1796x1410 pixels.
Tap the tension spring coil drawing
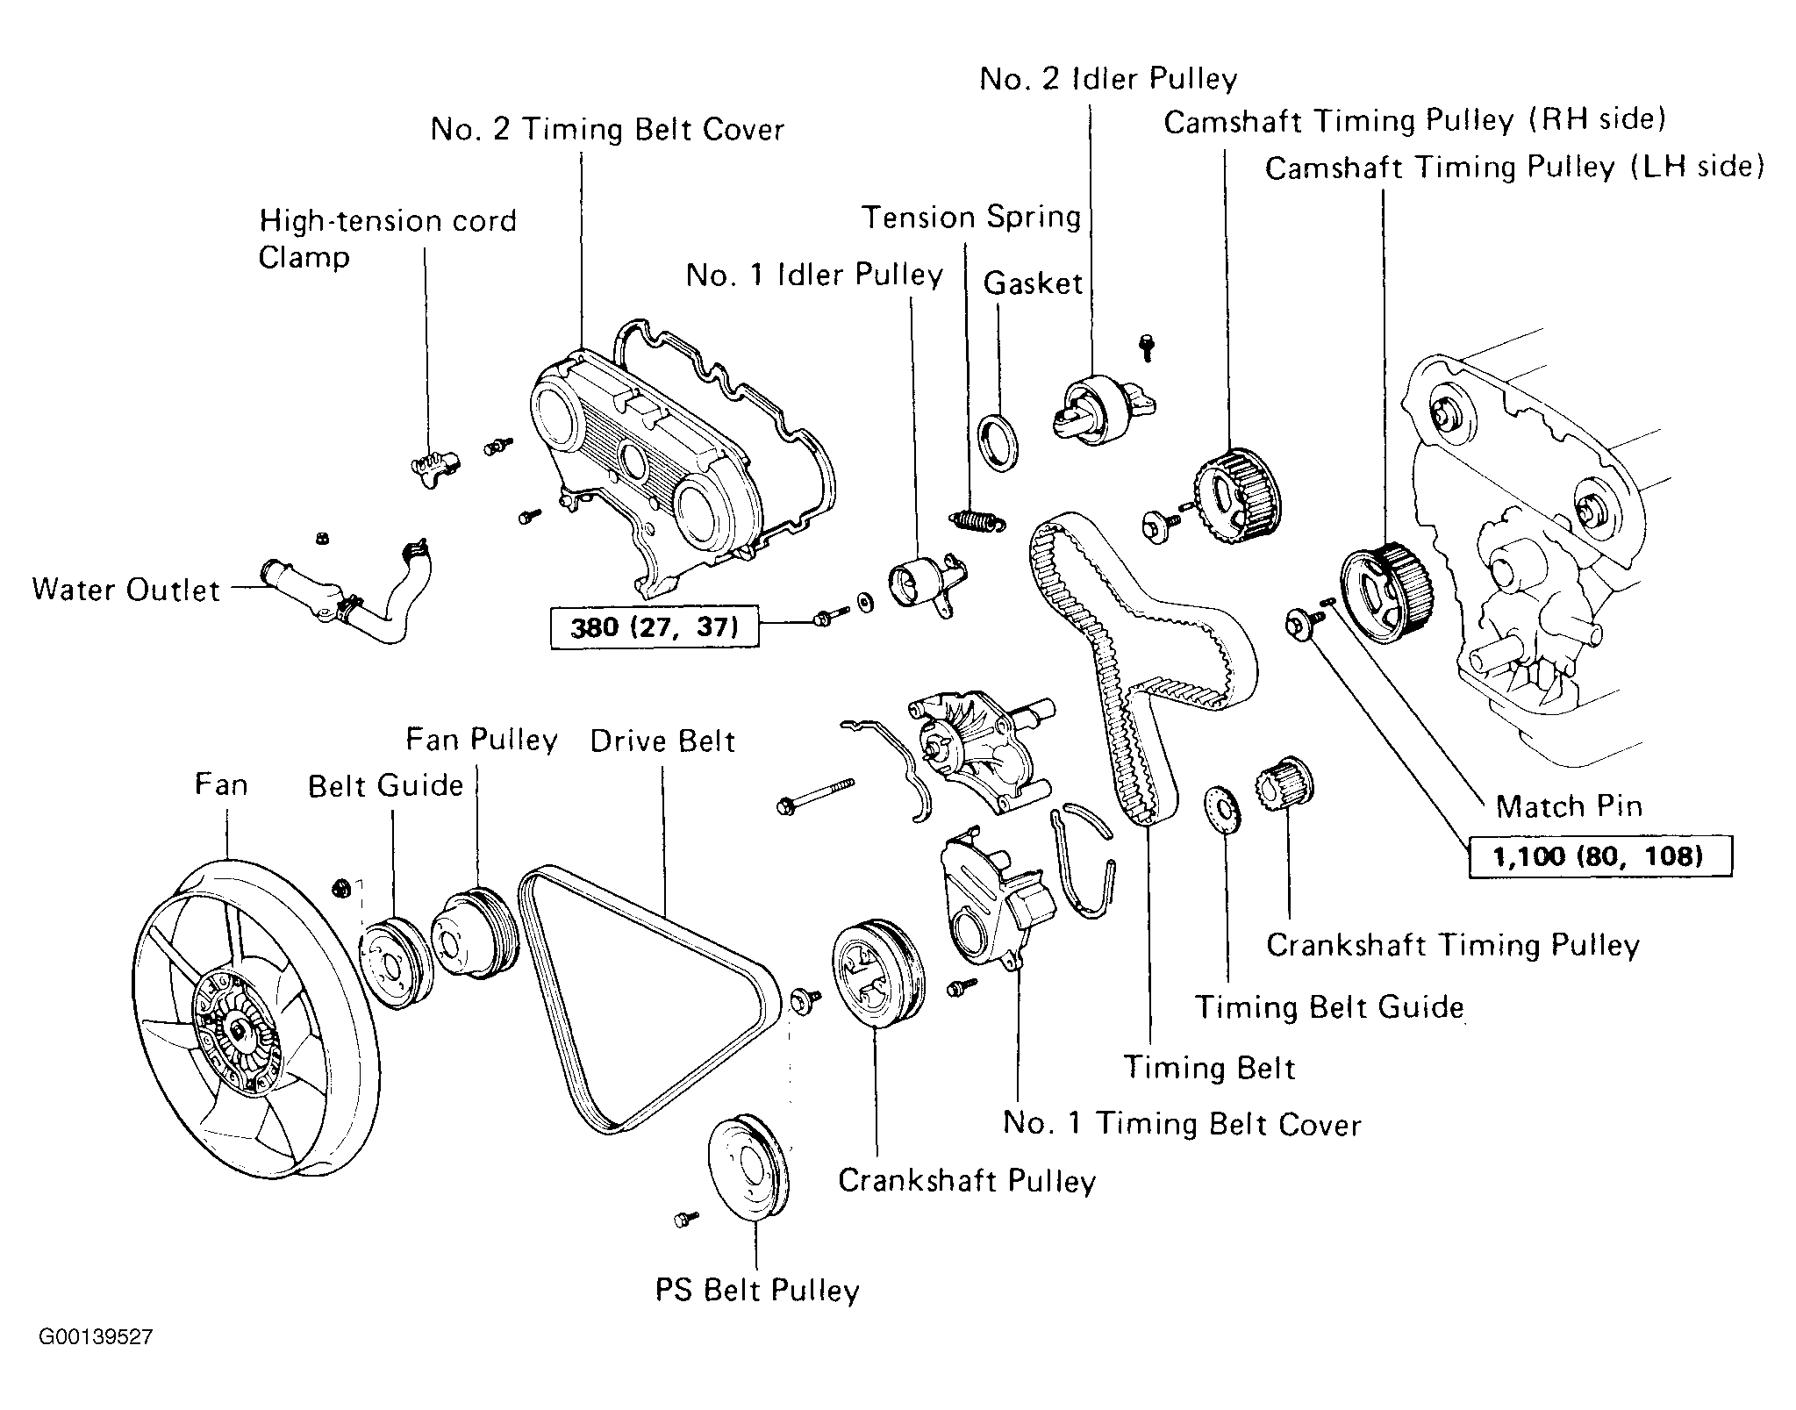976,521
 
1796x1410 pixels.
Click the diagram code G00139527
96,1337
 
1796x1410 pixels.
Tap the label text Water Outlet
125,590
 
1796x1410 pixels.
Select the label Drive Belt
662,741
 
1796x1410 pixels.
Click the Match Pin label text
1568,805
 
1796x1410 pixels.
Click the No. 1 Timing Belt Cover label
1182,1124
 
